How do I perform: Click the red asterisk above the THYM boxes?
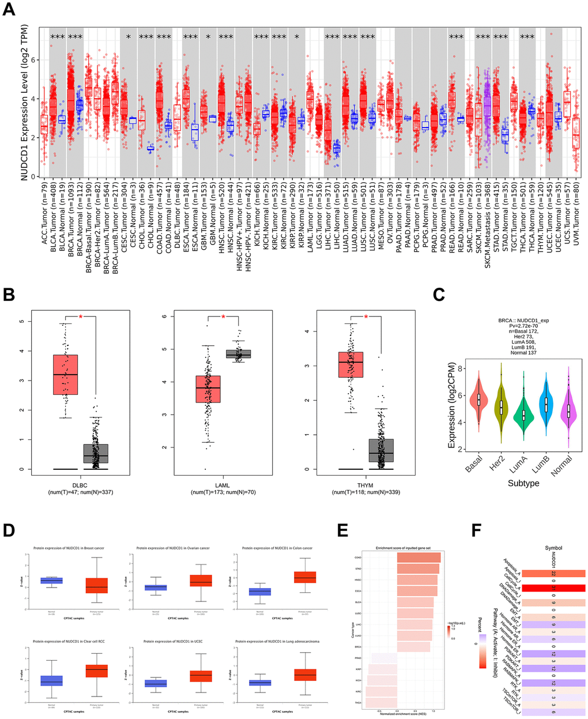[365, 316]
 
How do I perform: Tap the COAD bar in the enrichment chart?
[419, 558]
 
